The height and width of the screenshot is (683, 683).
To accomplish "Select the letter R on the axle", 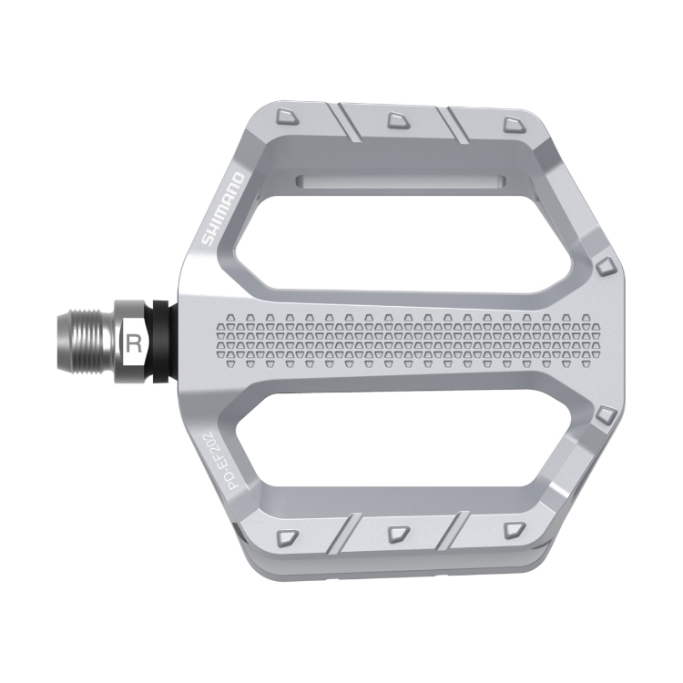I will click(135, 343).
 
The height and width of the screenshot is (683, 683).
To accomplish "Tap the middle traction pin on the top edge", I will click(398, 119).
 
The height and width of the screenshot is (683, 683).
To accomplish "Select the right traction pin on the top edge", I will click(510, 122).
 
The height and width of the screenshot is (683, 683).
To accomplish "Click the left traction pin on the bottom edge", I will click(288, 535).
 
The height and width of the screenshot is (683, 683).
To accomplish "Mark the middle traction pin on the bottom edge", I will click(398, 533).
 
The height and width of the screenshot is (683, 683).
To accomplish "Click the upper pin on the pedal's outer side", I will click(606, 266).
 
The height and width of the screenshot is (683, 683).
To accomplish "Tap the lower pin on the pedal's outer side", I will click(606, 417).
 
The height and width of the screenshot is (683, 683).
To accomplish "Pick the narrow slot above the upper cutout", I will click(401, 180).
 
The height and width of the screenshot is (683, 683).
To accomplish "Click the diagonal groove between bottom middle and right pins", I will click(455, 531).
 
